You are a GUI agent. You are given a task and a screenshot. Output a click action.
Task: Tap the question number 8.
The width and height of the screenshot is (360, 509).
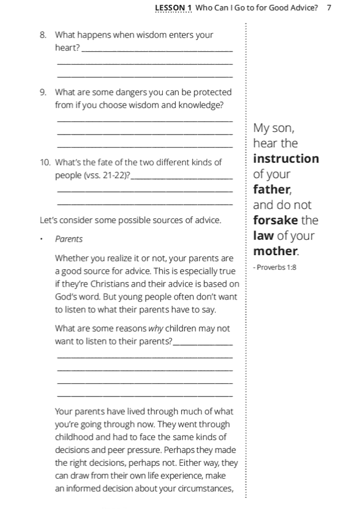43,35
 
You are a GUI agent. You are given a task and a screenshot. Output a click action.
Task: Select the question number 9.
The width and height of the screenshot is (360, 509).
43,92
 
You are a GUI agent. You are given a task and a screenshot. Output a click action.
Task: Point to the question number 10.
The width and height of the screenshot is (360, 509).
44,163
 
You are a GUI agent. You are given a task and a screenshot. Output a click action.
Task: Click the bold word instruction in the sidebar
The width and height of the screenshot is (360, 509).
286,159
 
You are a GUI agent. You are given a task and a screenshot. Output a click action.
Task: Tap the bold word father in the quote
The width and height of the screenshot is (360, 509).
272,190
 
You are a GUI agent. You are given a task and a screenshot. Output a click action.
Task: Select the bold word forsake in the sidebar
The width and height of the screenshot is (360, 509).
276,221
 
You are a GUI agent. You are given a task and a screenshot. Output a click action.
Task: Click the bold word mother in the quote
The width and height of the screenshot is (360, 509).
276,251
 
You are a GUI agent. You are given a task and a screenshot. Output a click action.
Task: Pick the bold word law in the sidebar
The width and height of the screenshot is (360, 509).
263,236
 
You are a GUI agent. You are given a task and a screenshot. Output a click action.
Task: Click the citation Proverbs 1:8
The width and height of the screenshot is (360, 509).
274,268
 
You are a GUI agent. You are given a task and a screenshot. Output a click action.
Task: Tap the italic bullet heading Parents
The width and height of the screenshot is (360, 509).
68,238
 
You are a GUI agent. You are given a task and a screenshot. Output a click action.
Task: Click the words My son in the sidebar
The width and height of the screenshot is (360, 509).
274,128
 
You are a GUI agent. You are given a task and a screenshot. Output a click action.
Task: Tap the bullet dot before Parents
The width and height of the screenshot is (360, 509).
42,238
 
